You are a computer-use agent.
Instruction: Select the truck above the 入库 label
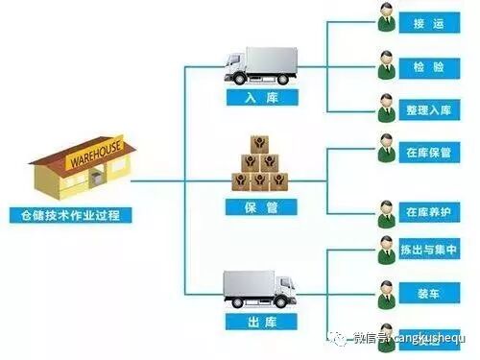[260, 65]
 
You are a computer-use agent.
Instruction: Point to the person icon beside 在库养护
[384, 209]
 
